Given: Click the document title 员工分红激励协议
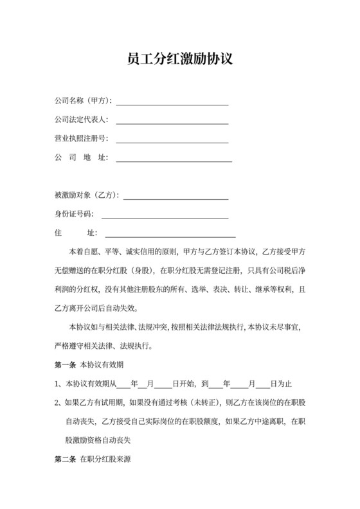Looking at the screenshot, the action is coord(179,60).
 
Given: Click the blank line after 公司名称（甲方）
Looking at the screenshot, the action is coord(172,102).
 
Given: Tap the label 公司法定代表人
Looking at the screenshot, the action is coord(81,120).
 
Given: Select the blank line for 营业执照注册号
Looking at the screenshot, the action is coord(172,139).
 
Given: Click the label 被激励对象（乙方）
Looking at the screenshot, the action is coord(87,195).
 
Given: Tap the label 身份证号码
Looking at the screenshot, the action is coord(73,214).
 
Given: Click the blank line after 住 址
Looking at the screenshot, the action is coord(170,233).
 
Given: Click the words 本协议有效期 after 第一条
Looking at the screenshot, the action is coord(98,364).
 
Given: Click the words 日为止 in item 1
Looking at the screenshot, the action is coord(282,384).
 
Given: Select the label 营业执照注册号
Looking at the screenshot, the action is coord(81,139).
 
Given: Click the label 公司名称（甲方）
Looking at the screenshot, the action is coord(84,102).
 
